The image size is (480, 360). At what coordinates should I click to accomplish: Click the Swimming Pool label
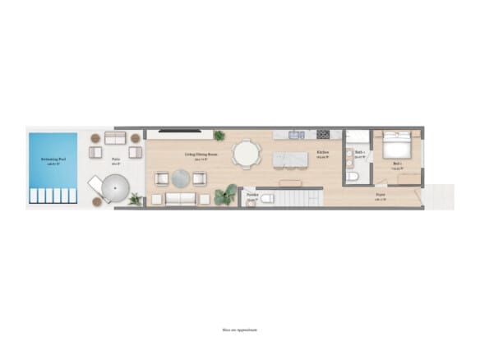tap(53, 160)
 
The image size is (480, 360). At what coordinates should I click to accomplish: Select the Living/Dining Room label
tap(201, 155)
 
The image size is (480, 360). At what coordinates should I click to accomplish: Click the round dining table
tap(246, 154)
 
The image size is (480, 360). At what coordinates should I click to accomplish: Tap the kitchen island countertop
tap(288, 158)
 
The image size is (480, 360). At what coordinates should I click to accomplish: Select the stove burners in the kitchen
tap(322, 134)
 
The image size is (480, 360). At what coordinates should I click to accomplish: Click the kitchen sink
tap(297, 134)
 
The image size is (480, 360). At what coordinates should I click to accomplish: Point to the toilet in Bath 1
tap(353, 175)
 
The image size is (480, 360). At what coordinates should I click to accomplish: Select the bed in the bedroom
tap(398, 146)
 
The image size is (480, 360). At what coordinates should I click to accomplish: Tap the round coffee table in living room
tap(181, 178)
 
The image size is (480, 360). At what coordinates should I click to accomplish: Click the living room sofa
tap(180, 198)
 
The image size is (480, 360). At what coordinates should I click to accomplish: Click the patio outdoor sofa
tap(115, 137)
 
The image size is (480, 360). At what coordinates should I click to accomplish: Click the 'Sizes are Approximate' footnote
tap(240, 330)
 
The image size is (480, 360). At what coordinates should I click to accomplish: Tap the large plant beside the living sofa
tap(224, 195)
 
